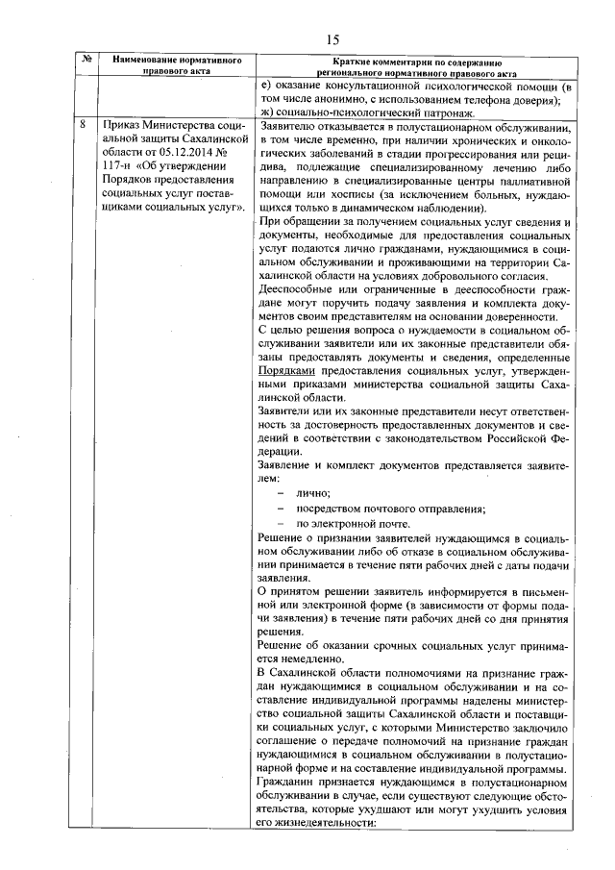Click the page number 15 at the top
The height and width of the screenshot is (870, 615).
pos(333,39)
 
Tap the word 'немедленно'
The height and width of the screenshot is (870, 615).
pos(309,659)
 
